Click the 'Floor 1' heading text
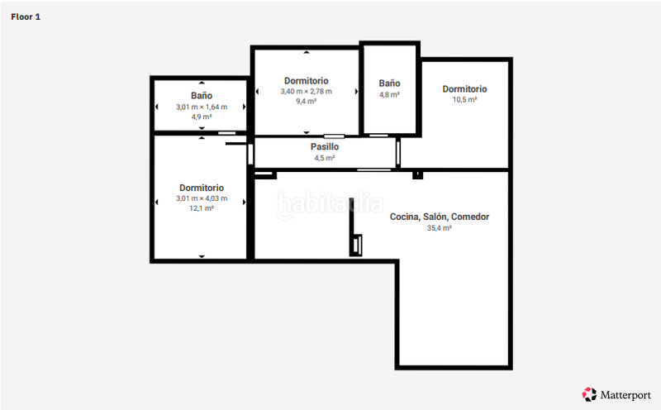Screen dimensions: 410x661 coord(26,17)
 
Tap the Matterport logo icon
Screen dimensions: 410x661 coord(589,393)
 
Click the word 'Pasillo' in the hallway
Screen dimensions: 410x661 coord(325,146)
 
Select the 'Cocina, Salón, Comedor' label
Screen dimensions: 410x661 coord(440,217)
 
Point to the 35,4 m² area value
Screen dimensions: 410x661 coord(440,228)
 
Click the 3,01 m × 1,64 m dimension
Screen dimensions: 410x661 coord(201,107)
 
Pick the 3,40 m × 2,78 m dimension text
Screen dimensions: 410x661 coord(306,91)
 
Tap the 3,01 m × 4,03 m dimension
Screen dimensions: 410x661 coord(201,198)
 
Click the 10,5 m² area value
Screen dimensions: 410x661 coord(464,99)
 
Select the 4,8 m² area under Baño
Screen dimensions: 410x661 coord(389,94)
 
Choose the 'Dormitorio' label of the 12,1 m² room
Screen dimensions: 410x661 coord(201,188)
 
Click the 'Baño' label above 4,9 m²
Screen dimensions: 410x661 coord(201,96)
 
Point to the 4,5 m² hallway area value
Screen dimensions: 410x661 coord(325,157)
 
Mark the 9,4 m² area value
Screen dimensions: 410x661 coord(306,102)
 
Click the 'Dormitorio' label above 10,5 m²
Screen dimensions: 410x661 coord(464,88)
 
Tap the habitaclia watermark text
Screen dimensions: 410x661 coord(330,203)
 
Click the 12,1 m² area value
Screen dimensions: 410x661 coord(201,209)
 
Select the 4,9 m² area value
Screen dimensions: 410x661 coord(201,117)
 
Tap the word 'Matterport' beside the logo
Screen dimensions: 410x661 coord(625,394)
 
